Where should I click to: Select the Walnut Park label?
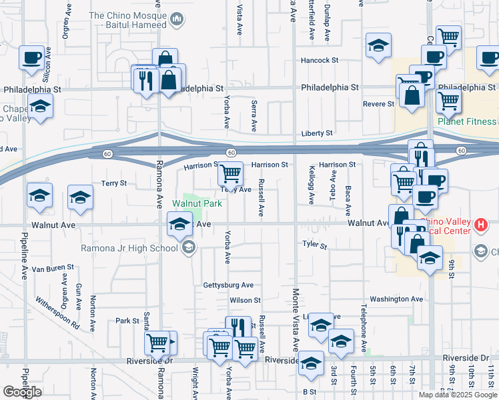[197, 203]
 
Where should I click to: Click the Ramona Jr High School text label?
[129, 248]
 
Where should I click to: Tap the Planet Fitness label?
[467, 121]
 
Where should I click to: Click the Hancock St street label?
[320, 60]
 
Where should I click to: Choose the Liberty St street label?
[317, 133]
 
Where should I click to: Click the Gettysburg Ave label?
[228, 285]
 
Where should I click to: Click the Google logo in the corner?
[23, 392]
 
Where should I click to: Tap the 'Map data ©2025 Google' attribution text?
[458, 395]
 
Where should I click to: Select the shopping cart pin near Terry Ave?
[231, 173]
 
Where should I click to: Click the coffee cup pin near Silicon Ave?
[31, 57]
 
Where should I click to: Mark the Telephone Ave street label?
[364, 329]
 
